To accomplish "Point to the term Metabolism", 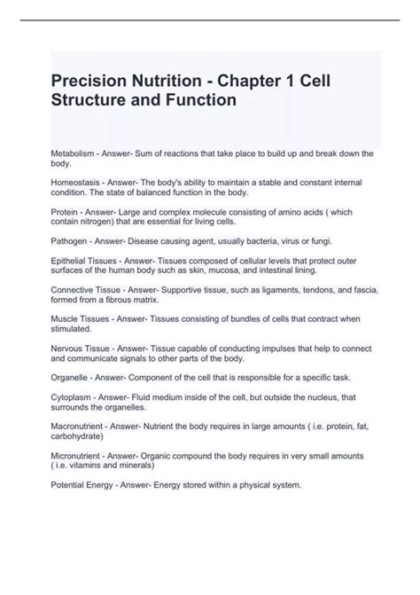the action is click(76, 153).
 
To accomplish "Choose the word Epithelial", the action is click(70, 264).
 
